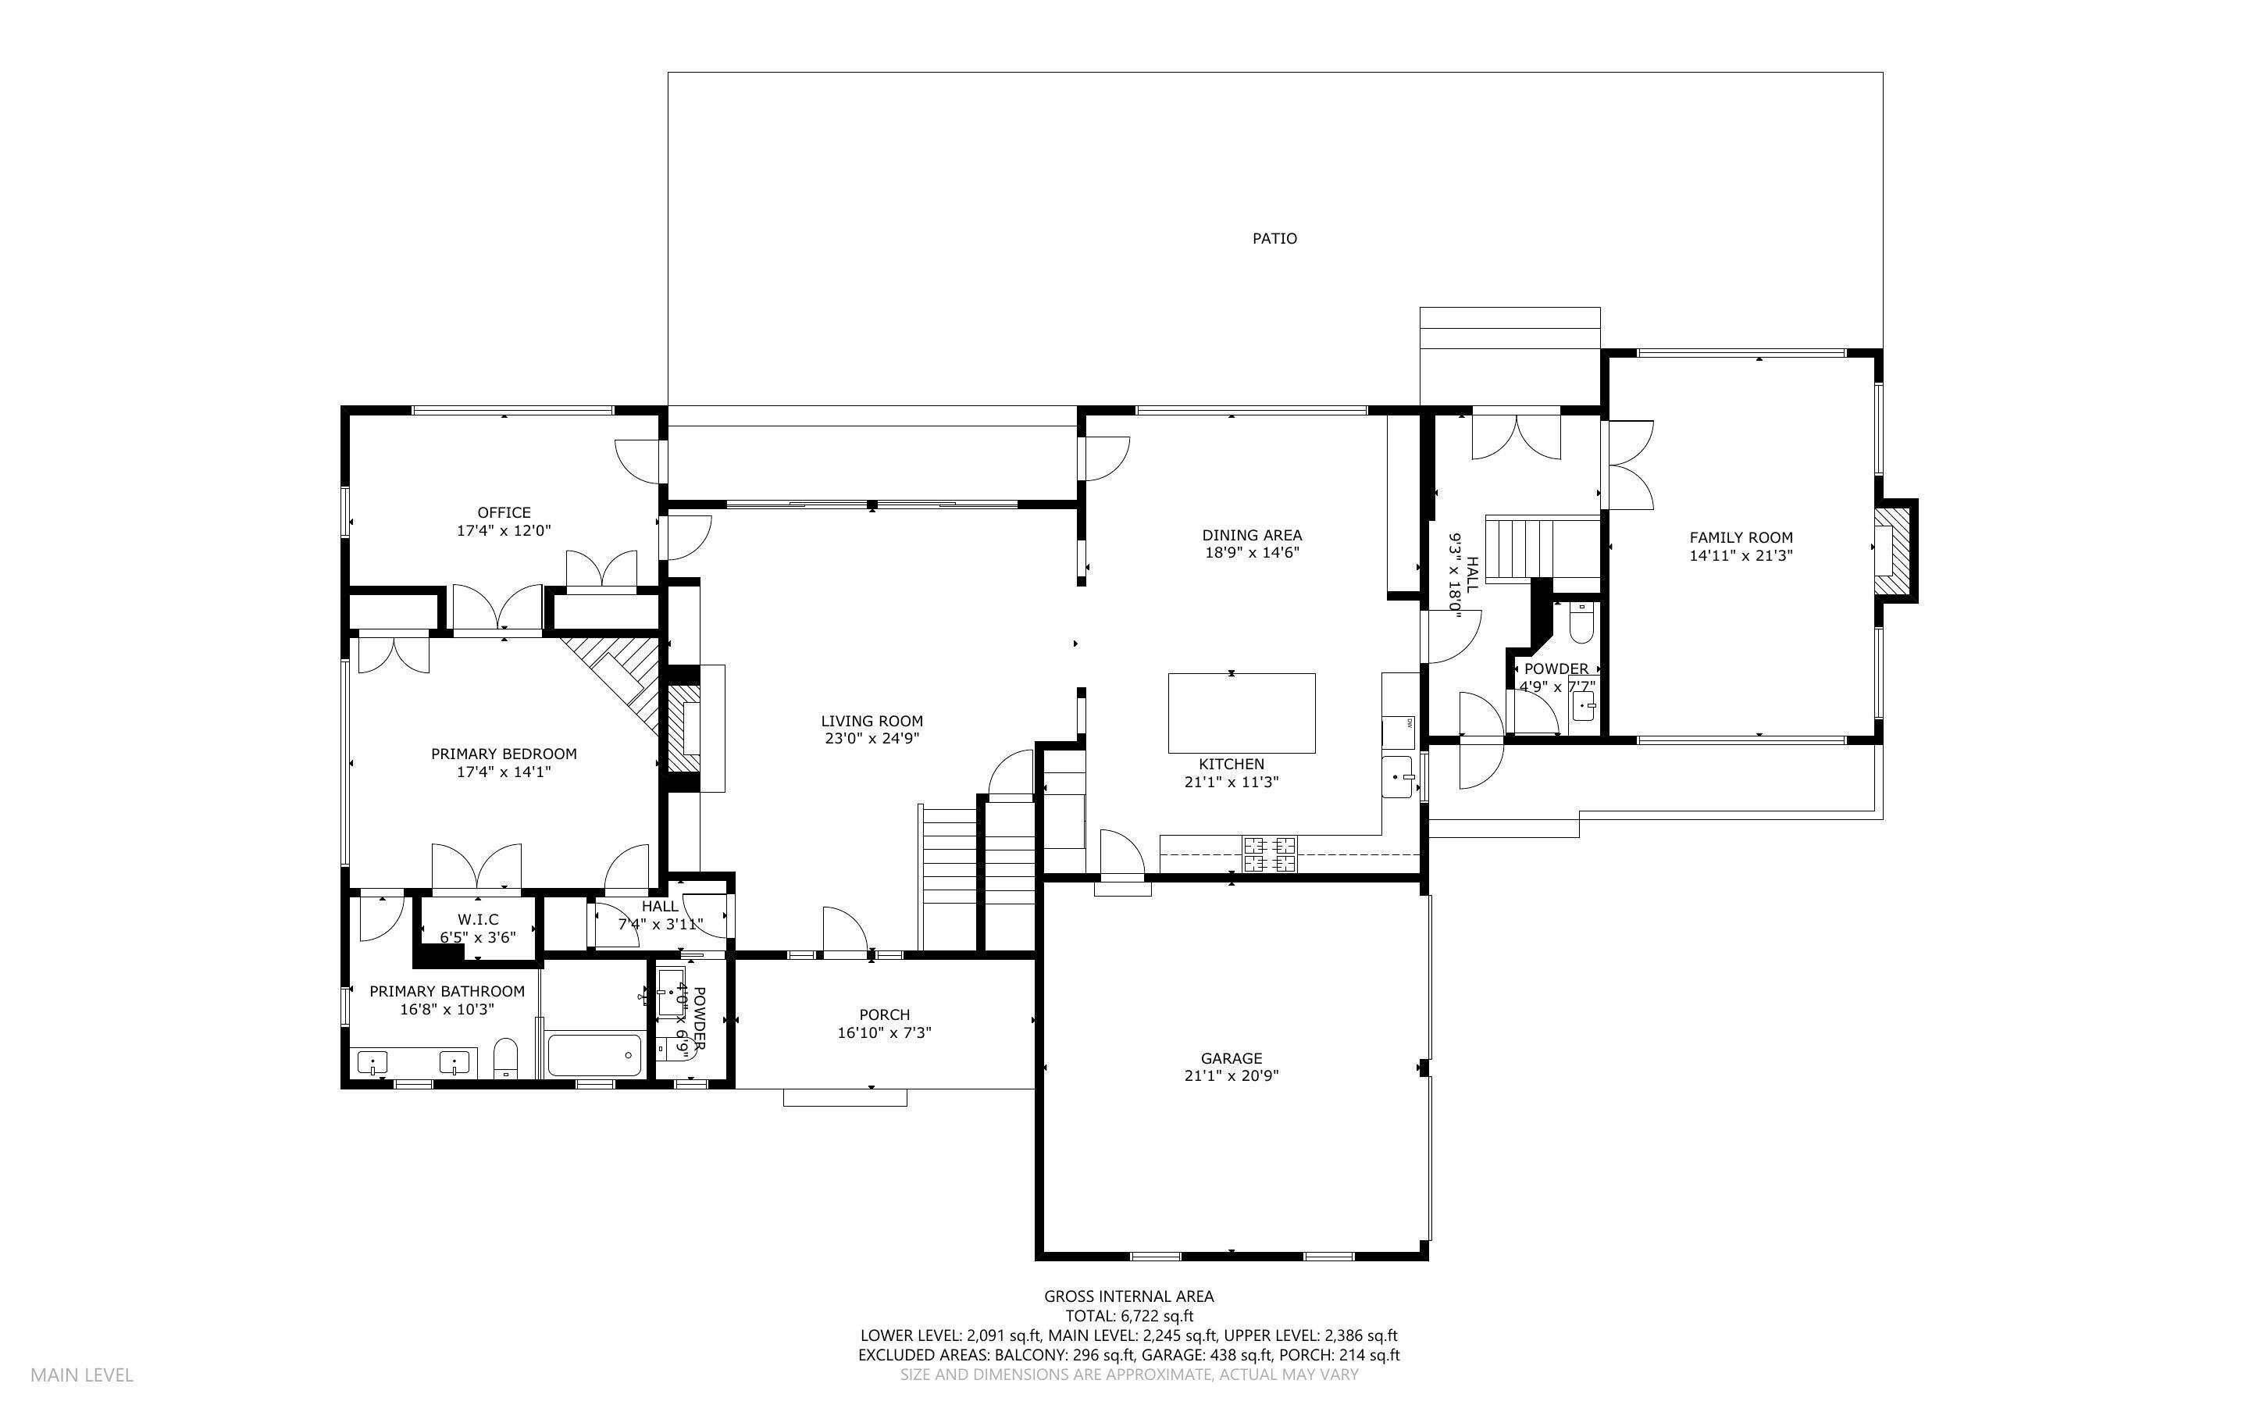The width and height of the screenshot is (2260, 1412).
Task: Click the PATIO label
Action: [x=1274, y=239]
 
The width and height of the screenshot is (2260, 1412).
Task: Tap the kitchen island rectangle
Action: [x=1242, y=712]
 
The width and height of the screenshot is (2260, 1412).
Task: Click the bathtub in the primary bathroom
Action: [x=594, y=1055]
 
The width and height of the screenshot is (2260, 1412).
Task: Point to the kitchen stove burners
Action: [x=1269, y=854]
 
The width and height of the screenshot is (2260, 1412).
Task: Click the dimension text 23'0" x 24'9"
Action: [x=872, y=739]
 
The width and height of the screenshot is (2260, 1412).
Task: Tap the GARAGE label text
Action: [x=1232, y=1058]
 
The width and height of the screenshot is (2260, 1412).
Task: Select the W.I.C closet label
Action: [x=478, y=920]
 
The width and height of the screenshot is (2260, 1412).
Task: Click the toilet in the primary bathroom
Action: [x=505, y=1057]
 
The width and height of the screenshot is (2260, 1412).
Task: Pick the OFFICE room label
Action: [x=504, y=512]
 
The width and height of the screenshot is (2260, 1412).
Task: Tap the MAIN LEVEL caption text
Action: [x=82, y=1375]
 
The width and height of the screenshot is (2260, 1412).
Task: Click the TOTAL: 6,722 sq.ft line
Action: [x=1128, y=1316]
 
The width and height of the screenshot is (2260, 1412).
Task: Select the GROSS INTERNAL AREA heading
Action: [x=1128, y=1296]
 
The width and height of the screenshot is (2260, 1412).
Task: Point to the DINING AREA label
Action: [x=1252, y=535]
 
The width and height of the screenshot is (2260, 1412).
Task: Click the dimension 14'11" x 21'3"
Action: [x=1741, y=555]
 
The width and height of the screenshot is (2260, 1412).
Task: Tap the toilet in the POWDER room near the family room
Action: [x=1581, y=624]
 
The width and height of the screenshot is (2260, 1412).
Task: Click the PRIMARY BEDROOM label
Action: [x=504, y=754]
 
